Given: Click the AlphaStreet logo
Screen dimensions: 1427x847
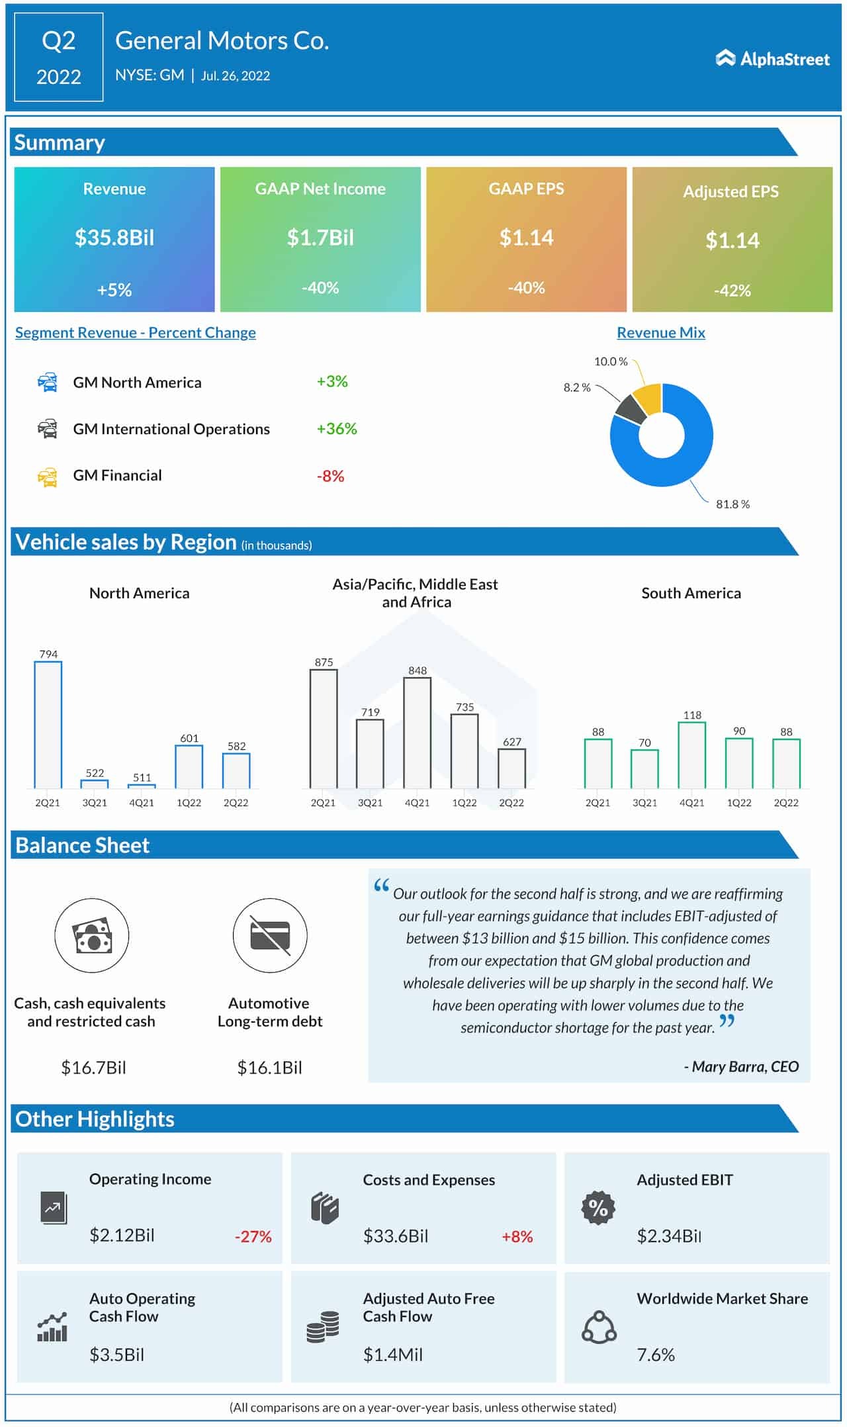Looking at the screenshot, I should (x=772, y=59).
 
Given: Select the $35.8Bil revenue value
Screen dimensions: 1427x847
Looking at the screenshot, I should (x=114, y=238).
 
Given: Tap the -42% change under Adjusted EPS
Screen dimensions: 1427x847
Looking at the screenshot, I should (x=732, y=291).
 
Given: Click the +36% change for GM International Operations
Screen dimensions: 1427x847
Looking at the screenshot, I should (x=337, y=429).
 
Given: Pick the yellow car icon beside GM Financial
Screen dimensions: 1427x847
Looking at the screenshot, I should (x=48, y=477).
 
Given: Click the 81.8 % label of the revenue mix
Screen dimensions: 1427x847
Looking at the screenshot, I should (x=733, y=504).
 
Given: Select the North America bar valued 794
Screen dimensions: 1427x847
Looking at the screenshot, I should (x=48, y=724).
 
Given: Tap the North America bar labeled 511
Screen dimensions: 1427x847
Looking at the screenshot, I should (x=142, y=786).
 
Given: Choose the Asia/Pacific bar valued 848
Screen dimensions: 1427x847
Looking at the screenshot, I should (x=418, y=733).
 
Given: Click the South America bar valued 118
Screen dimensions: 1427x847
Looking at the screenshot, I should (x=692, y=755).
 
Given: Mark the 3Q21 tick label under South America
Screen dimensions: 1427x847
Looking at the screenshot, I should (x=645, y=803).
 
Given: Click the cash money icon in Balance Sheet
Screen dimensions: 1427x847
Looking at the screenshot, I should (x=91, y=935).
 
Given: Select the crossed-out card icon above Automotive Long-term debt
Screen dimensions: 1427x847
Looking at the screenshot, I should (x=270, y=935).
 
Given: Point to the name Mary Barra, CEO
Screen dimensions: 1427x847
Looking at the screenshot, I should (x=741, y=1066).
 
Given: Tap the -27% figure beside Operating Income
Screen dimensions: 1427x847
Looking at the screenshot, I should (x=253, y=1236).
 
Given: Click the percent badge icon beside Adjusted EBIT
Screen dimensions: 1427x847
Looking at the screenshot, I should (x=598, y=1208).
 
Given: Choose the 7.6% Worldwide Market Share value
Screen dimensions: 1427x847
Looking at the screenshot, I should (x=656, y=1355).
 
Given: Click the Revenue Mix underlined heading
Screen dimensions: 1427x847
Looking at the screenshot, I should (x=660, y=333).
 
